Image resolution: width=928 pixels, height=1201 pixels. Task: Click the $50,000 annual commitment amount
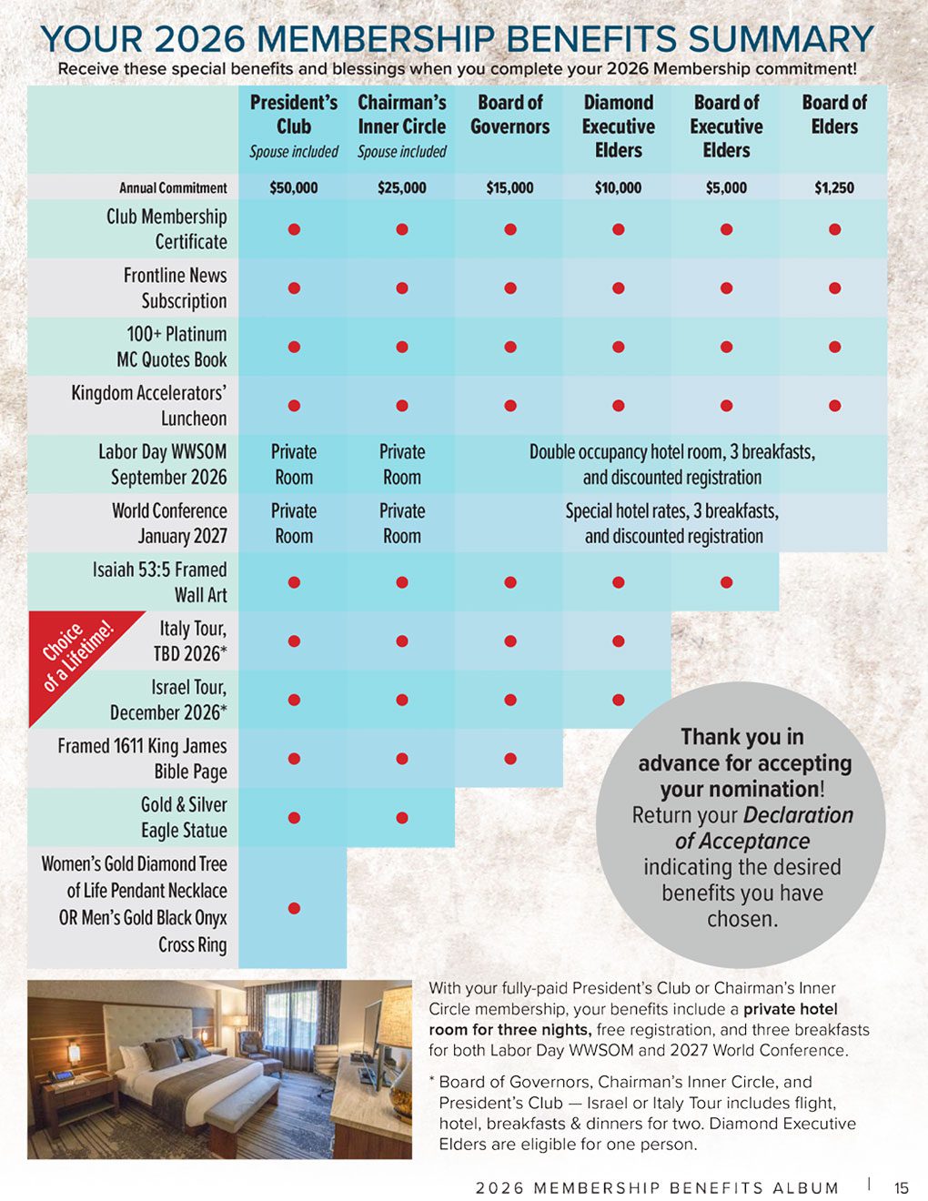293,187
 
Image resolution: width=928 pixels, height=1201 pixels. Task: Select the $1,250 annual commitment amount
834,187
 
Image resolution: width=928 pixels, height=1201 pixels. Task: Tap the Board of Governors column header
509,115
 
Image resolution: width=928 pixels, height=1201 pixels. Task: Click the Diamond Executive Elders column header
618,126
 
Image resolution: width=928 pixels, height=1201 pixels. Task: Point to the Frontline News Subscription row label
175,288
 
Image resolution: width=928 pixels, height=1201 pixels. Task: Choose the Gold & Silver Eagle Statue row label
184,817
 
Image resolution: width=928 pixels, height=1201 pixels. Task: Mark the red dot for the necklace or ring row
294,908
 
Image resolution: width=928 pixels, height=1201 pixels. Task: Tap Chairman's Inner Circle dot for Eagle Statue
402,818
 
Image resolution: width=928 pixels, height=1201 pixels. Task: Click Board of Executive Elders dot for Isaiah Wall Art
726,582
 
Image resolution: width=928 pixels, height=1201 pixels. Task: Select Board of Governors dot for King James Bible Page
510,759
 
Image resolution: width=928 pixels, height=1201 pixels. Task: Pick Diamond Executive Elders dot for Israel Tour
619,700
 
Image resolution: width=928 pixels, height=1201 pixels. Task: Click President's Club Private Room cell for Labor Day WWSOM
294,464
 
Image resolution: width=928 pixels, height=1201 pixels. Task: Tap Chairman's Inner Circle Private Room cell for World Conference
402,523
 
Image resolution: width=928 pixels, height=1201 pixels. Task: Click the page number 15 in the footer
902,1187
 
